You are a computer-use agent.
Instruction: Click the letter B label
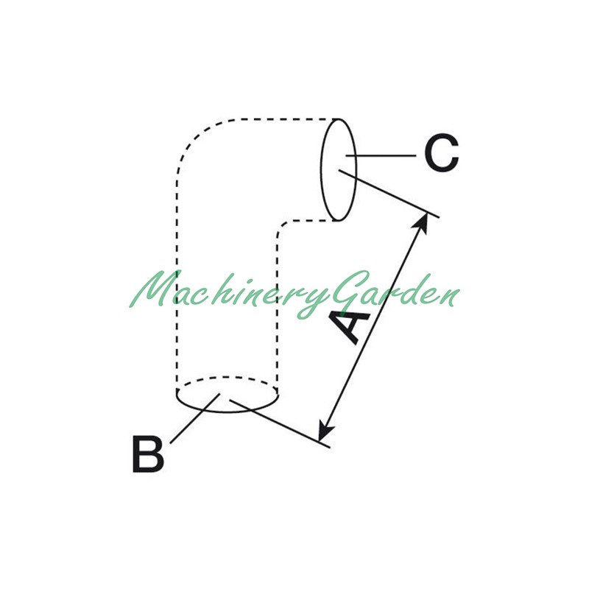(x=148, y=454)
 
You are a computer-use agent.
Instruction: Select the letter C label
(x=441, y=153)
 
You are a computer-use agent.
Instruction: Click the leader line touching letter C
(x=381, y=155)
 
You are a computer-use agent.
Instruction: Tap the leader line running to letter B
(x=194, y=418)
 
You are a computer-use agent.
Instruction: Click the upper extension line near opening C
(x=389, y=194)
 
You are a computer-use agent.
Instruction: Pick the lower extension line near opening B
(x=280, y=424)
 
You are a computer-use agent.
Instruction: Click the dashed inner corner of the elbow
(x=283, y=227)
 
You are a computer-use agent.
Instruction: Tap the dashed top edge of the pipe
(x=286, y=119)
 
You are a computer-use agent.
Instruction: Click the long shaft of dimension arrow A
(x=374, y=326)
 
